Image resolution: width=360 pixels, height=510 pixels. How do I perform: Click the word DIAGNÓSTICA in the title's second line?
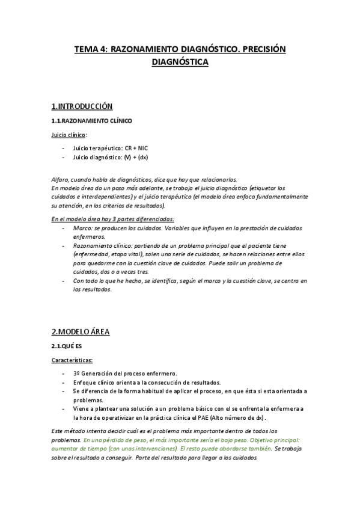click(x=180, y=62)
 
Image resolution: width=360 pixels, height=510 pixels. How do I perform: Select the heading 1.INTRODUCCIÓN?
click(x=82, y=106)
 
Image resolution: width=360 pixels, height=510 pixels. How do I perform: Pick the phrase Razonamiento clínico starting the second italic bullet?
click(x=100, y=246)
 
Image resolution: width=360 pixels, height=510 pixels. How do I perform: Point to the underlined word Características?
click(x=72, y=360)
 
